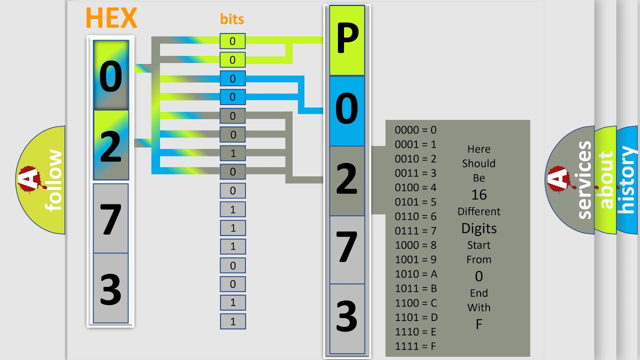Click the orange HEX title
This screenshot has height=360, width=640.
pos(111,17)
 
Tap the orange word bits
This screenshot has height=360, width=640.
pos(232,19)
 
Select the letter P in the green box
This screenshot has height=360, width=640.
pos(347,38)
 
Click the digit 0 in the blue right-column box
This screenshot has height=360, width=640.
pos(346,108)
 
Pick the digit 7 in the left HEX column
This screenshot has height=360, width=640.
pos(110,219)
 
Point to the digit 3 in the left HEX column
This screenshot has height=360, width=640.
pos(110,289)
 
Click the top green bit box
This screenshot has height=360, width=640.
pos(232,41)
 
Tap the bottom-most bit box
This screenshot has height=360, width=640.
pos(233,321)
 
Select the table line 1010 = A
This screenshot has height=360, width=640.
pos(416,274)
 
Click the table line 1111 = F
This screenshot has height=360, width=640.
pos(415,346)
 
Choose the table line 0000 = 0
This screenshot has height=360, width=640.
pos(415,130)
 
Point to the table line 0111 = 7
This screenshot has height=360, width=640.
pos(415,231)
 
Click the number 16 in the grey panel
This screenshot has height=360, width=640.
pos(479,195)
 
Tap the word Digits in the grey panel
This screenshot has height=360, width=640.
pos(479,228)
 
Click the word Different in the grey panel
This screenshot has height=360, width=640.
pos(479,211)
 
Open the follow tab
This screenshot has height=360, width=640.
pos(40,180)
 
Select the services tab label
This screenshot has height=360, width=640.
pos(584,180)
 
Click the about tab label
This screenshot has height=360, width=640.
pos(606,180)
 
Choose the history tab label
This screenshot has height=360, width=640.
pos(627,180)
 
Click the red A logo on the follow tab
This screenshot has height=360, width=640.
pos(31,179)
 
